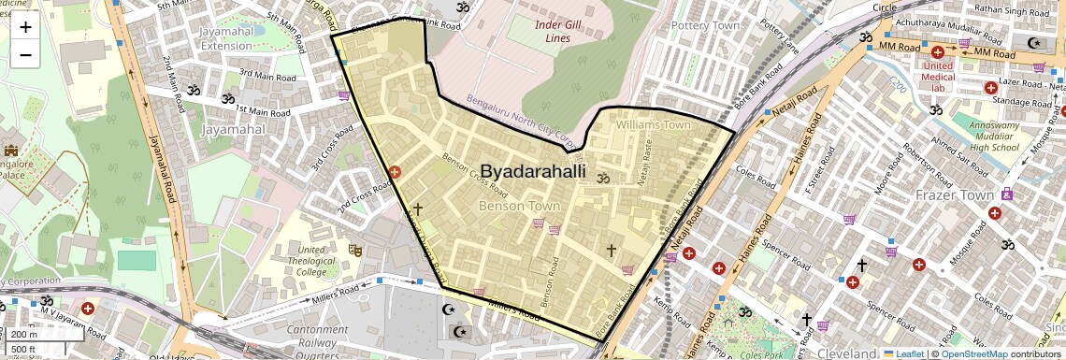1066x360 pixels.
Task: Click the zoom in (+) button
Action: [x=25, y=27]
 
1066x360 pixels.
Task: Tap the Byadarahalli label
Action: [x=533, y=171]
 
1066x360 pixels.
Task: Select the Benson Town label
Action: [x=517, y=204]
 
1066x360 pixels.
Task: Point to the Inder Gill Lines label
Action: [x=565, y=31]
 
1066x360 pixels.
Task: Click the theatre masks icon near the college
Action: [x=354, y=250]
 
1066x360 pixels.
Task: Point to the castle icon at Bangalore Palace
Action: [x=11, y=151]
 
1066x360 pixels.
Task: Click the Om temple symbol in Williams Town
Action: [x=603, y=178]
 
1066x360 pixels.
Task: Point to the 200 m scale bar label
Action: [x=24, y=334]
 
